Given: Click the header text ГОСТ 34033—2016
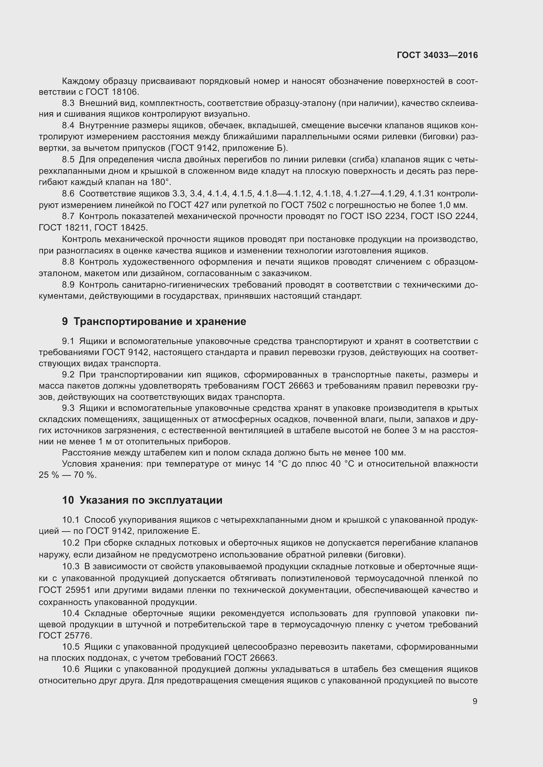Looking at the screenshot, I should (437, 55).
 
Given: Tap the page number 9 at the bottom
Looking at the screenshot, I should (475, 701).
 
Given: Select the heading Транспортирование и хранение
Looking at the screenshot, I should (160, 321).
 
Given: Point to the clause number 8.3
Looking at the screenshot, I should (68, 103).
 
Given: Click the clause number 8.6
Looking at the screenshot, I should (68, 193).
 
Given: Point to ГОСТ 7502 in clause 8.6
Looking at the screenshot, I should (303, 205).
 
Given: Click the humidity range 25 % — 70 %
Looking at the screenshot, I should (68, 475).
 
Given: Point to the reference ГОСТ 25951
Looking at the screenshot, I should (65, 590).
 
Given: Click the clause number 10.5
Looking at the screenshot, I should (71, 647).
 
